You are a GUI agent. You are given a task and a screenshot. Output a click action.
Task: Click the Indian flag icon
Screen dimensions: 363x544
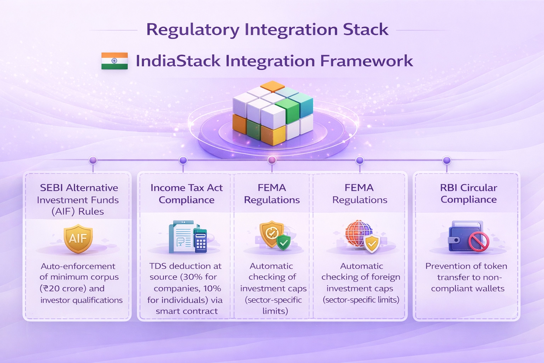point(114,61)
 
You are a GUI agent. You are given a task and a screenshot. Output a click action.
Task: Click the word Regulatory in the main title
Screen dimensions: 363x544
point(193,30)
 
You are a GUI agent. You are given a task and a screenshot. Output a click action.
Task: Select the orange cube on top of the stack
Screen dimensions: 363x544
point(272,86)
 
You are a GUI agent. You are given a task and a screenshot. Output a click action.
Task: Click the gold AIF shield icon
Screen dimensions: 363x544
point(78,238)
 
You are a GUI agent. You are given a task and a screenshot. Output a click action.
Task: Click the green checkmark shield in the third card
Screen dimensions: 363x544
point(283,242)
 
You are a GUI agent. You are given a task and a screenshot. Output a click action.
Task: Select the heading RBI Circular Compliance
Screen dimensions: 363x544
point(468,194)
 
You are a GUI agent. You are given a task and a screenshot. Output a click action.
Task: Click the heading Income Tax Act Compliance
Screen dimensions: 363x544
point(186,194)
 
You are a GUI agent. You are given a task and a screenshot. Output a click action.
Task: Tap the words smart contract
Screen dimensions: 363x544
point(187,311)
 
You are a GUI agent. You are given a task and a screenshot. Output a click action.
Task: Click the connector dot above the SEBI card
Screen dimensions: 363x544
point(93,160)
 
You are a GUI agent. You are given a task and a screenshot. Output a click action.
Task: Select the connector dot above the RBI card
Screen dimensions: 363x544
point(447,160)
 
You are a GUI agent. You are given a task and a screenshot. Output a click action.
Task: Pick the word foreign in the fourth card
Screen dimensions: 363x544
point(385,277)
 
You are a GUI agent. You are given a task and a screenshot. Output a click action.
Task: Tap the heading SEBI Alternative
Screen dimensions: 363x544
point(79,188)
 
